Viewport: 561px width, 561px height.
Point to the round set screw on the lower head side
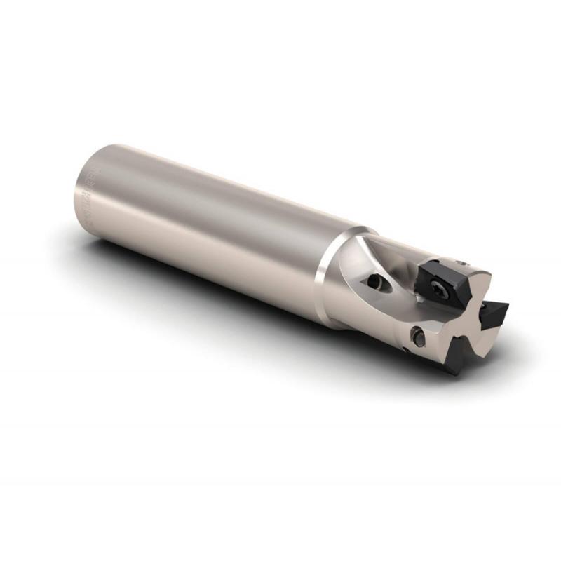(417, 337)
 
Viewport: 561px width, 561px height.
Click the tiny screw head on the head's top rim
(462, 262)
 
